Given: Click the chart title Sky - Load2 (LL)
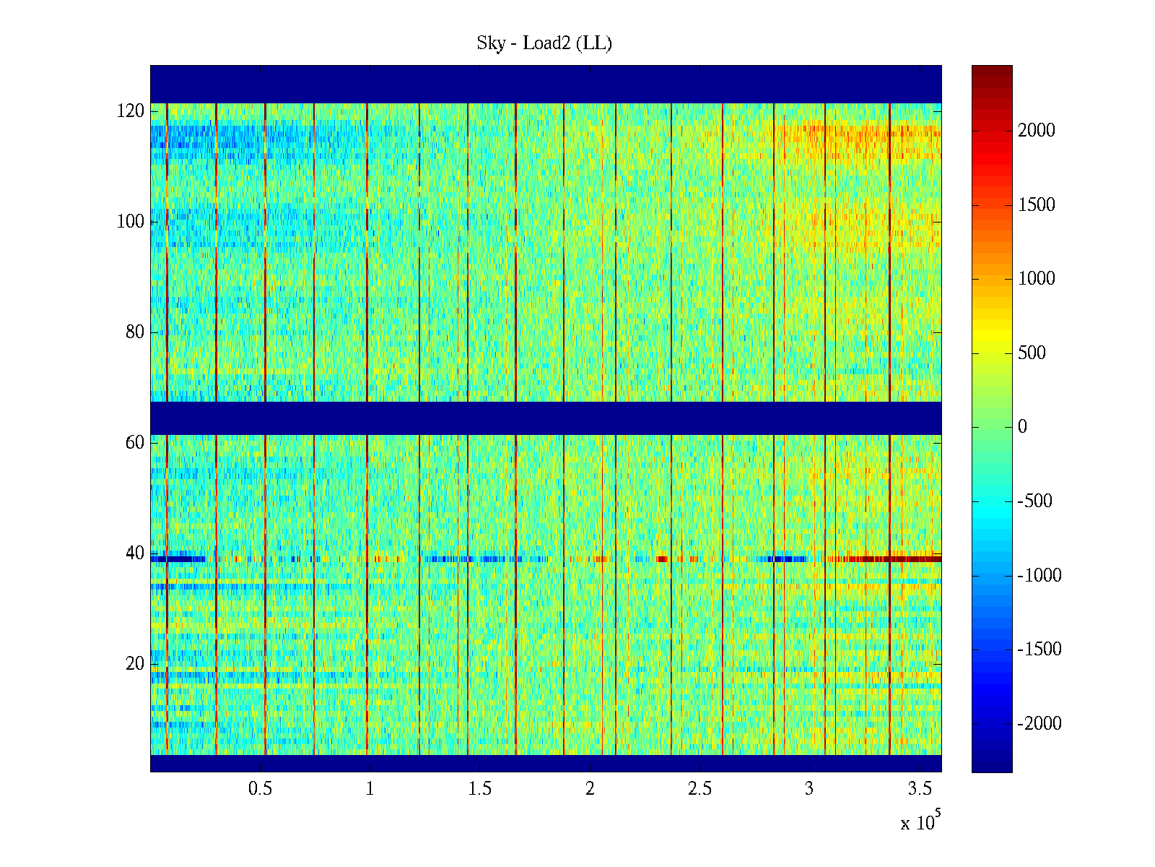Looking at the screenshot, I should click(544, 43).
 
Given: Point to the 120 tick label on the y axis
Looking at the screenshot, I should click(131, 111).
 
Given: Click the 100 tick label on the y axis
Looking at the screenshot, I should click(131, 222).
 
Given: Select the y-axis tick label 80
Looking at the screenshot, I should click(135, 332).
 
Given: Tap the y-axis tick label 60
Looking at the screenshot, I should click(135, 443).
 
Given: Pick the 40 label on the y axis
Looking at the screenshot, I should click(135, 553).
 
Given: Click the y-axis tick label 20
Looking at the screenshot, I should click(135, 664).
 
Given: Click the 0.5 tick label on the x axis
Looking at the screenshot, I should click(260, 789).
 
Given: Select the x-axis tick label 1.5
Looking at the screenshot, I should click(479, 789).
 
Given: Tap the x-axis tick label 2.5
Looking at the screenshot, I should click(699, 789).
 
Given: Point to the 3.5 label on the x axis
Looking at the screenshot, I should click(919, 789).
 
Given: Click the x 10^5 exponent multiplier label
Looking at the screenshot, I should click(920, 821).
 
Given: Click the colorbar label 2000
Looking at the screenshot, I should click(1037, 131).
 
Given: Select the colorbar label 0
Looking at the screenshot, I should click(1022, 427).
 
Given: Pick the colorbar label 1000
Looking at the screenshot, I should click(1037, 279).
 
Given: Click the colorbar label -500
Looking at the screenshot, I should click(1035, 501).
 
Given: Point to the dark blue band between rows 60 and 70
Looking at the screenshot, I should click(546, 418).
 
